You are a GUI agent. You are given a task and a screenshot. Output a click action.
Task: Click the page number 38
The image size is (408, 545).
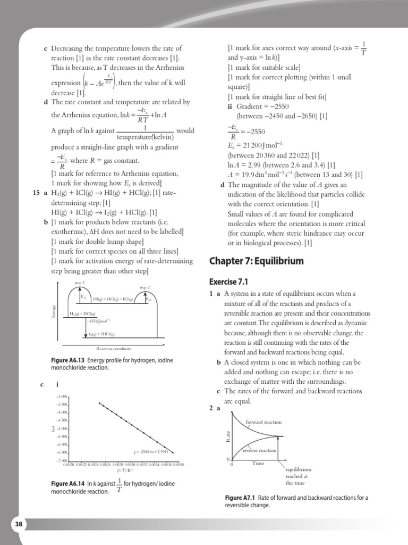pyautogui.click(x=19, y=524)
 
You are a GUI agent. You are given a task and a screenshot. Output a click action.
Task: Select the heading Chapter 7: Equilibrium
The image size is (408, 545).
pyautogui.click(x=256, y=261)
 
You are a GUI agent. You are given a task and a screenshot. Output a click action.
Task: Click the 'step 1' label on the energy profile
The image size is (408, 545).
pyautogui.click(x=80, y=282)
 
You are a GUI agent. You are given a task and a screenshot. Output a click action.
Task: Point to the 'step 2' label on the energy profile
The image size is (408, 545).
pyautogui.click(x=144, y=287)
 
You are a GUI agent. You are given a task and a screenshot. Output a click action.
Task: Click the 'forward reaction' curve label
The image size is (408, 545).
pyautogui.click(x=263, y=422)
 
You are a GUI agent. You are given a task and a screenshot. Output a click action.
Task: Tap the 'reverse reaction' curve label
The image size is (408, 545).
pyautogui.click(x=259, y=450)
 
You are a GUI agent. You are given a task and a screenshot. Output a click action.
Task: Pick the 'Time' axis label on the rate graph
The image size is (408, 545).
pyautogui.click(x=258, y=464)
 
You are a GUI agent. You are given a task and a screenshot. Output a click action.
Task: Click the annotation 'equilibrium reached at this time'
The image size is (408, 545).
pyautogui.click(x=297, y=476)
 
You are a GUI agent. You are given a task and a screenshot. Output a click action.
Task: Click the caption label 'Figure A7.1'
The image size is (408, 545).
pyautogui.click(x=241, y=498)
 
